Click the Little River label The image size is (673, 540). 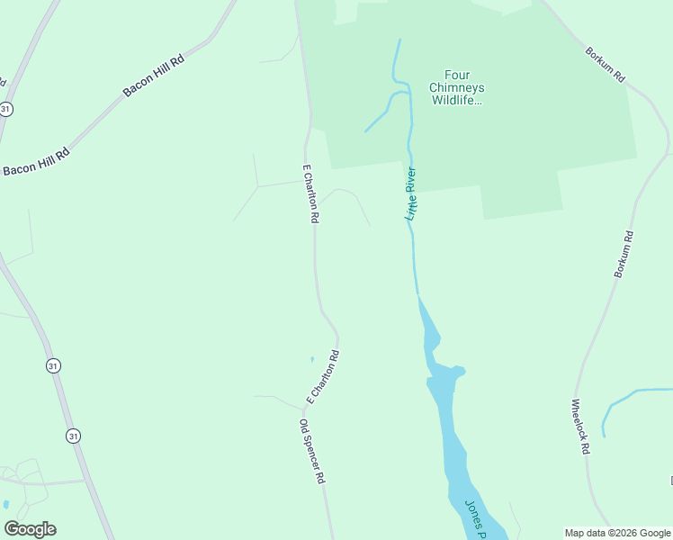pyautogui.click(x=412, y=193)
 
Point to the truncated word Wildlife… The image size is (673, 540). pyautogui.click(x=458, y=100)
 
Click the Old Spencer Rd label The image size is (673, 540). pyautogui.click(x=311, y=452)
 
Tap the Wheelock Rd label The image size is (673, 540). pyautogui.click(x=581, y=426)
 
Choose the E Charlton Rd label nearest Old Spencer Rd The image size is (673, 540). pyautogui.click(x=323, y=376)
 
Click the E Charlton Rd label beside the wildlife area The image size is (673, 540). pyautogui.click(x=310, y=193)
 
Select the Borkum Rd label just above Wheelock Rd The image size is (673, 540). pyautogui.click(x=624, y=254)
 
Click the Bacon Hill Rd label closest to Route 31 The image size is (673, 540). pyautogui.click(x=36, y=162)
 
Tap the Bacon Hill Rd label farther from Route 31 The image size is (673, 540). pyautogui.click(x=154, y=76)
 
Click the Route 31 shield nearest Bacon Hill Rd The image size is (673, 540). pyautogui.click(x=6, y=108)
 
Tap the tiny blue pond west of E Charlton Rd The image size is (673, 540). pyautogui.click(x=312, y=359)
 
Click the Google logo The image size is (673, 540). pyautogui.click(x=30, y=529)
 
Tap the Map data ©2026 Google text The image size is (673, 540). pyautogui.click(x=617, y=533)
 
